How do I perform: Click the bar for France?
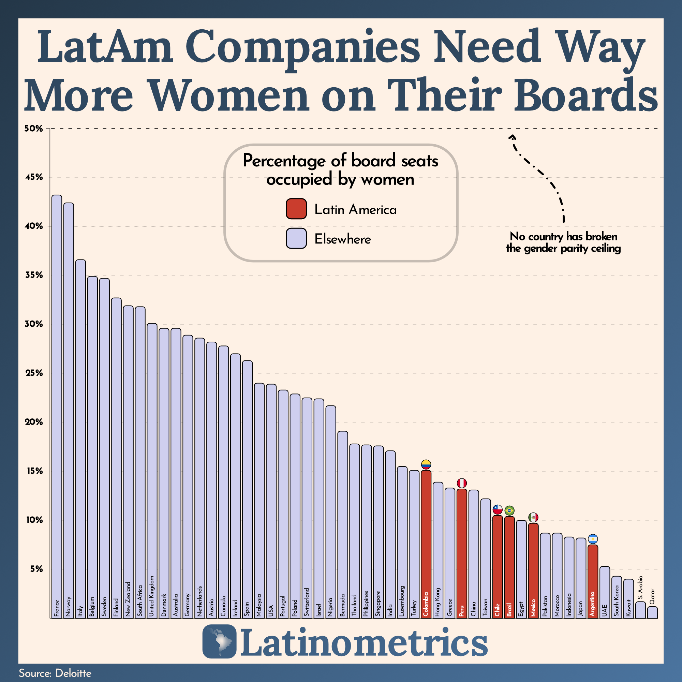point(57,406)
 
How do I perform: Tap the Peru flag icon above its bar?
point(462,483)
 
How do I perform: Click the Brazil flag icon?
point(509,510)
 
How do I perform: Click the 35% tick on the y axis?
point(34,275)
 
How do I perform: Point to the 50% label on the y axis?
point(34,129)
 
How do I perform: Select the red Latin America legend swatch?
point(296,209)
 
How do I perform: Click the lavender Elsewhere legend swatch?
point(296,239)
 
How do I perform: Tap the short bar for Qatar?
point(652,612)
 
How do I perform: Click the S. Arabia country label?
point(640,584)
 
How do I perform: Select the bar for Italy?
point(80,438)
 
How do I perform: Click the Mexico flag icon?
point(533,518)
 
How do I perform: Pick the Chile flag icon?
point(498,510)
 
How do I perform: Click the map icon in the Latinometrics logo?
point(219,641)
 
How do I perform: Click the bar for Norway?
point(69,410)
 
